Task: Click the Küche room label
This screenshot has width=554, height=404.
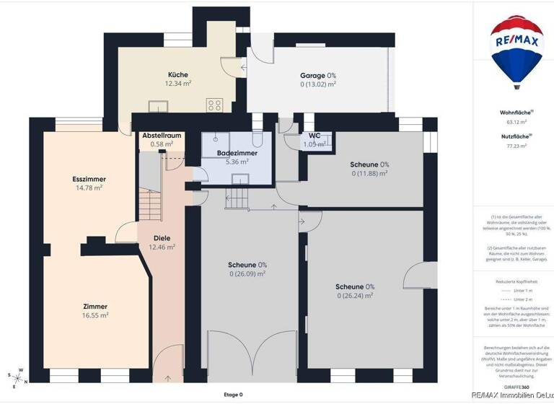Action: coord(178,75)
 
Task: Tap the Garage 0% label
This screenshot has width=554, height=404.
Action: coord(318,75)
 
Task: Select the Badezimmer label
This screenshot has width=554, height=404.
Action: coord(237,153)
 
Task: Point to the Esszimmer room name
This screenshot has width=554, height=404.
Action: coord(89,179)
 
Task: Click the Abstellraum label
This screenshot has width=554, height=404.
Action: coord(162,136)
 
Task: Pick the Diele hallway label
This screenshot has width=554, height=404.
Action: coord(162,237)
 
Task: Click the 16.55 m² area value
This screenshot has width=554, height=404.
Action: coord(95,315)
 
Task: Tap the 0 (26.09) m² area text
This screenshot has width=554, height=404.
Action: coord(247,273)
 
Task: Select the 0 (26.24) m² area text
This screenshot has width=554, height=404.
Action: coord(354,295)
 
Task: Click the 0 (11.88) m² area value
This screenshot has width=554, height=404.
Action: coord(369,173)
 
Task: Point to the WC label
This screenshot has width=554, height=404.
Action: coord(315,136)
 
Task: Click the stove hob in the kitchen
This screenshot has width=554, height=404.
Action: coord(215,105)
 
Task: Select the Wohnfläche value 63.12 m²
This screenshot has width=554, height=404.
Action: coord(516,122)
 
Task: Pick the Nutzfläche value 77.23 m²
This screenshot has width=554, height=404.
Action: coord(516,145)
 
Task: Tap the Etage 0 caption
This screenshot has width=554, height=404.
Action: coord(233,395)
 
